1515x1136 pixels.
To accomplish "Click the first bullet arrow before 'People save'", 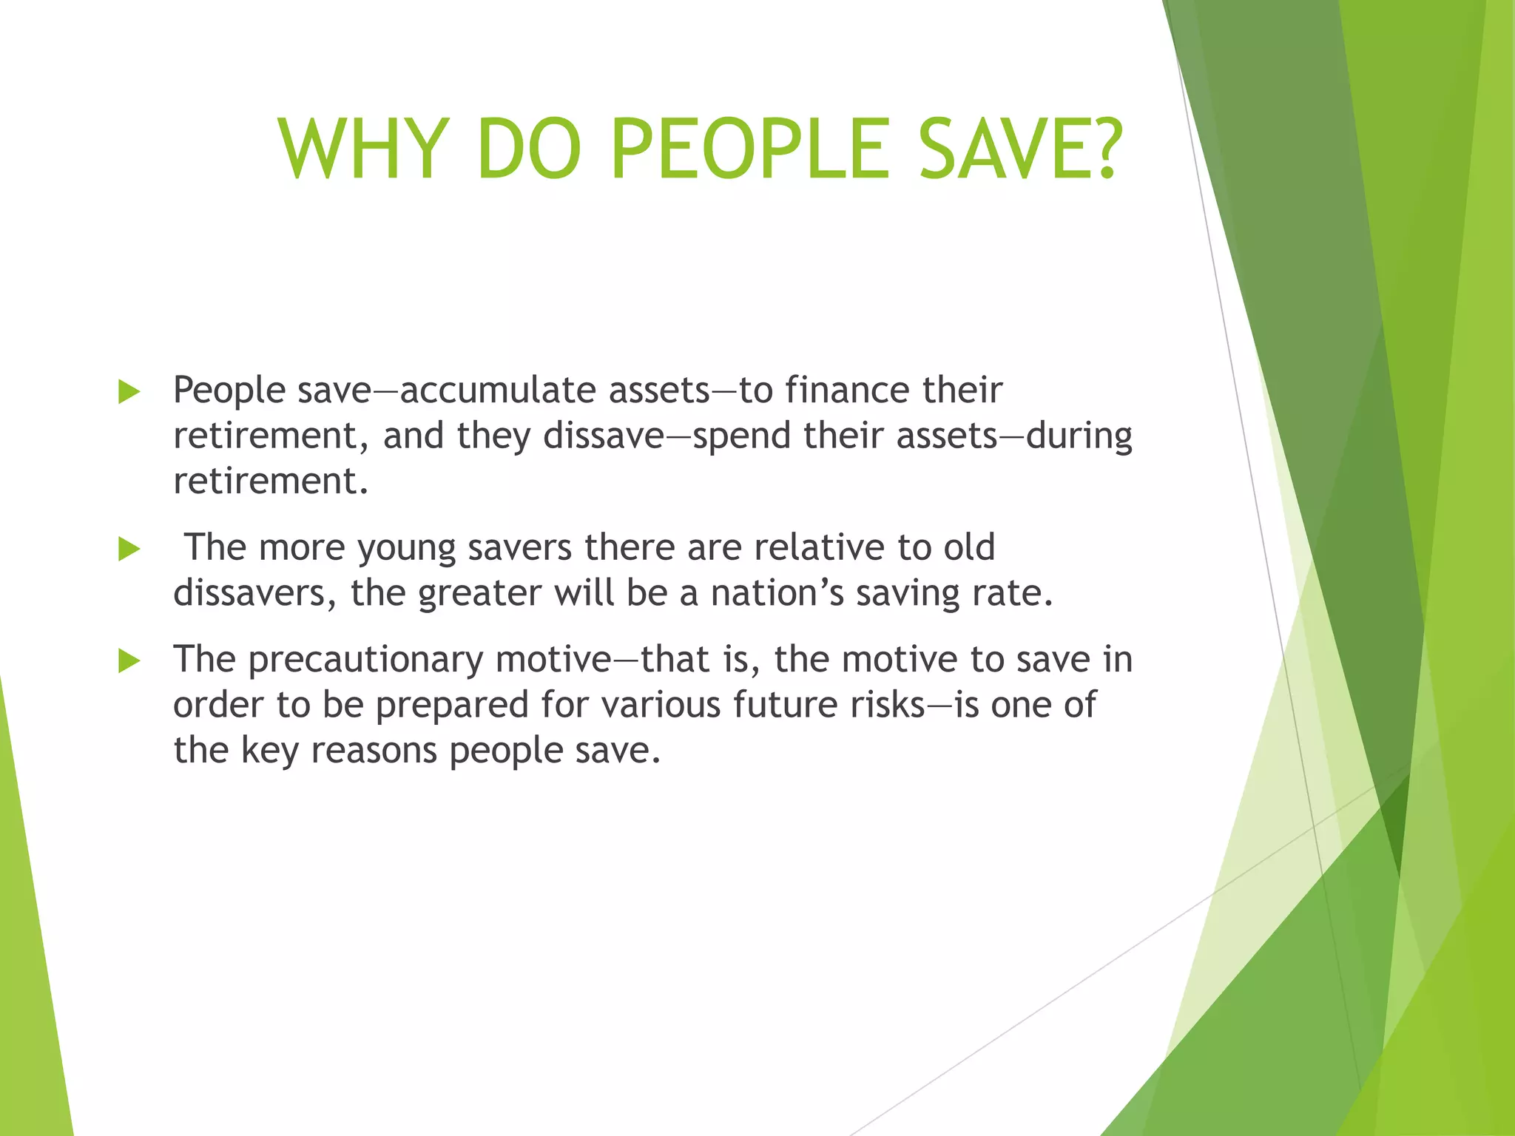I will click(129, 392).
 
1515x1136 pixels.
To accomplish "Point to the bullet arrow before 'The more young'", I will click(129, 550).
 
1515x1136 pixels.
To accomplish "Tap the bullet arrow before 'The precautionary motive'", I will click(129, 661).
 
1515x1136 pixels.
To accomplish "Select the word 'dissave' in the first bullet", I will click(604, 436).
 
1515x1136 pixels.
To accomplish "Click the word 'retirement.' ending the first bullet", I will click(270, 481).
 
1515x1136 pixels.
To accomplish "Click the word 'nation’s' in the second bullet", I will click(777, 593).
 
